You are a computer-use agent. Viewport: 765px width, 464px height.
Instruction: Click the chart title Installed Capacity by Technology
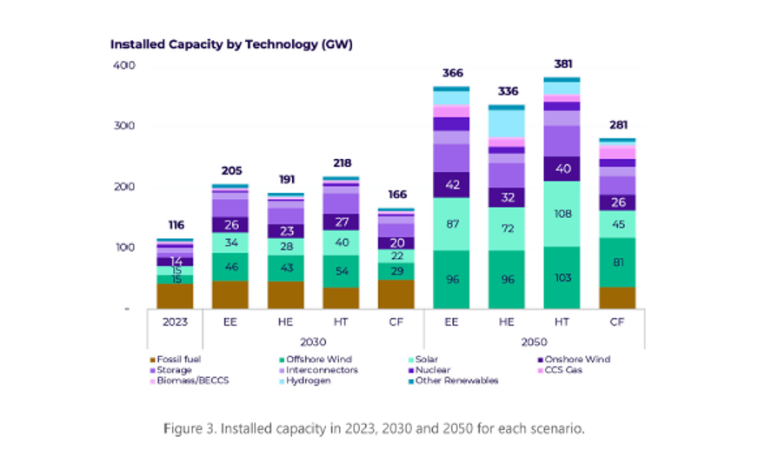click(x=230, y=43)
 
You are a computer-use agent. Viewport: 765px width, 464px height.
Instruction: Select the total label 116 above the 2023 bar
click(x=176, y=225)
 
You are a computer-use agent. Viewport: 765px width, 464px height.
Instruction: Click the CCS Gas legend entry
click(x=566, y=370)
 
